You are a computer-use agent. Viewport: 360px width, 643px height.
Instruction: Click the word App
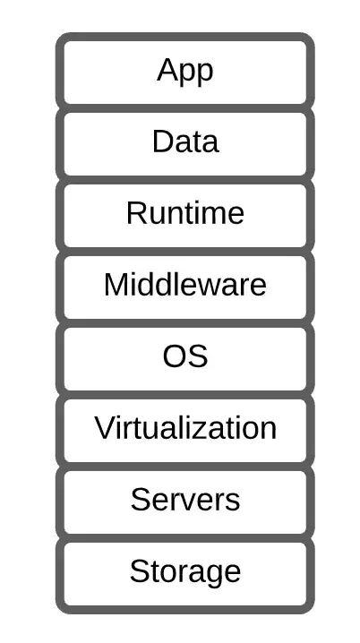pyautogui.click(x=185, y=72)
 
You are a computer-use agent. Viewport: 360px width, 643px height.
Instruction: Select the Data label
pyautogui.click(x=185, y=141)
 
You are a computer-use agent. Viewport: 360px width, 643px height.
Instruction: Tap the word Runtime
pyautogui.click(x=185, y=213)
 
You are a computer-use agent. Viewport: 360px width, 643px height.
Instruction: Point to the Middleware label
pyautogui.click(x=185, y=284)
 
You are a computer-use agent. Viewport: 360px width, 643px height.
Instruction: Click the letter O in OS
pyautogui.click(x=176, y=356)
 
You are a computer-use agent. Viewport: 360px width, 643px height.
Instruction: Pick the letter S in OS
pyautogui.click(x=198, y=356)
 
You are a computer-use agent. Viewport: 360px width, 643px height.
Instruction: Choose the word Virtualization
pyautogui.click(x=185, y=427)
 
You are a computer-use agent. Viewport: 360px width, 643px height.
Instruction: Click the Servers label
pyautogui.click(x=185, y=499)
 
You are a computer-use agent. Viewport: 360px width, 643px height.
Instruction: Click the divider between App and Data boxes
pyautogui.click(x=185, y=108)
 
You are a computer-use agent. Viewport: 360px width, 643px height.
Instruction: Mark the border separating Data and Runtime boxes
pyautogui.click(x=185, y=180)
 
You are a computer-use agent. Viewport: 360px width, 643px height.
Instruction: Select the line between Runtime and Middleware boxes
pyautogui.click(x=185, y=252)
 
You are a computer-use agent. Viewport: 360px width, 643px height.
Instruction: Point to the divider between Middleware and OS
pyautogui.click(x=185, y=322)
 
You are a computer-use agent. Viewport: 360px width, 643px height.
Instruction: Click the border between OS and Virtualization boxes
pyautogui.click(x=185, y=395)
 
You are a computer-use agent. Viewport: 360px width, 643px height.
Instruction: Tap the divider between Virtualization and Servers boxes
pyautogui.click(x=185, y=467)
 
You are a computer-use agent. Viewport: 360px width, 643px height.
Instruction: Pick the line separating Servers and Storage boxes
pyautogui.click(x=185, y=537)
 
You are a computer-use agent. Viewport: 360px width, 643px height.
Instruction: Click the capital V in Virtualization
pyautogui.click(x=106, y=427)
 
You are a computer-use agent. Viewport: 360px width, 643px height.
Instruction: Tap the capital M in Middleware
pyautogui.click(x=116, y=284)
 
